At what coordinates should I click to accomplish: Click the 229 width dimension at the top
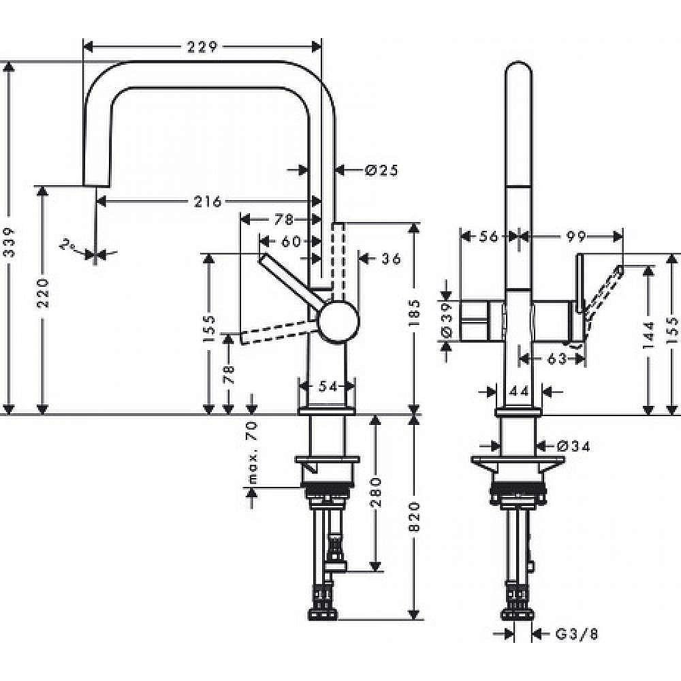[x=202, y=47]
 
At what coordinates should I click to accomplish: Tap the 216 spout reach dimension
[x=208, y=201]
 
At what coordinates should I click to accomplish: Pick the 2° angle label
[x=67, y=245]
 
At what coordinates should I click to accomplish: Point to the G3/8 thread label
[x=576, y=634]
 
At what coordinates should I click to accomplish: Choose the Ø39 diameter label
[x=447, y=320]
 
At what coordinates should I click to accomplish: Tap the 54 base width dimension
[x=328, y=386]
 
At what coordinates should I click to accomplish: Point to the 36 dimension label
[x=390, y=258]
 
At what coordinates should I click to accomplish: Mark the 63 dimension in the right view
[x=556, y=358]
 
